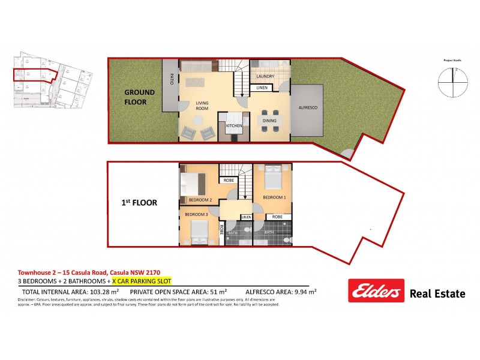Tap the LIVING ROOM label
(202, 106)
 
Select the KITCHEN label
(233, 127)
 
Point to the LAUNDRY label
(265, 77)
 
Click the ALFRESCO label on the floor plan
(308, 107)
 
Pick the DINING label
(268, 120)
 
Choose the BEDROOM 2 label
(200, 200)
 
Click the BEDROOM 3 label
(196, 214)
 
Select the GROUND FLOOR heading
(139, 97)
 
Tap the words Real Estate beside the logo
(437, 293)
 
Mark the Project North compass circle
(451, 83)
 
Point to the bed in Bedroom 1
(272, 178)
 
